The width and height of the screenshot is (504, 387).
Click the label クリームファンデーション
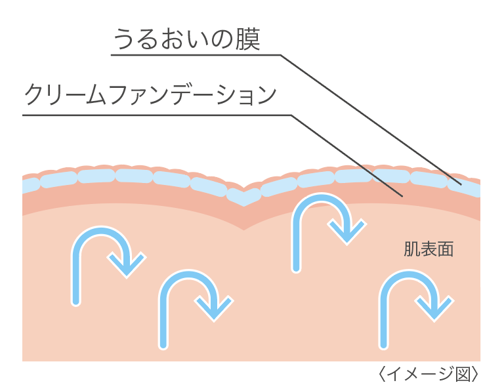point(150,96)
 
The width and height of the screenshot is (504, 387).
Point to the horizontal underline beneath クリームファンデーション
point(157,115)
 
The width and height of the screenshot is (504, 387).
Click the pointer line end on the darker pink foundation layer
point(401,195)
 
